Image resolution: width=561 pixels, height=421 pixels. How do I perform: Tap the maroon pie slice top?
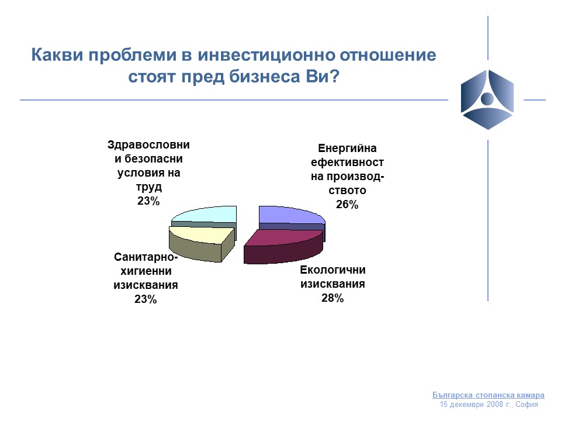click(283, 238)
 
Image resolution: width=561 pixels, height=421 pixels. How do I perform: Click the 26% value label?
click(347, 205)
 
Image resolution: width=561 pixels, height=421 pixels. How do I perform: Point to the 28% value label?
click(333, 298)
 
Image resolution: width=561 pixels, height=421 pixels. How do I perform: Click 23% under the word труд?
click(148, 201)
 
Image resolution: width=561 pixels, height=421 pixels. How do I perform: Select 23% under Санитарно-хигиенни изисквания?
click(146, 299)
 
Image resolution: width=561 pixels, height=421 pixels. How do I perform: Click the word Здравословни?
click(148, 145)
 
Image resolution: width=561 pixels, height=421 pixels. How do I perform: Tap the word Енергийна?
click(347, 148)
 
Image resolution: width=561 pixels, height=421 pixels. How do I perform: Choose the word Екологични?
click(333, 270)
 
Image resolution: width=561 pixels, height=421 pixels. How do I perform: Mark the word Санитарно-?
click(146, 257)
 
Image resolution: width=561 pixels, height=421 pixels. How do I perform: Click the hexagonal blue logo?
click(487, 99)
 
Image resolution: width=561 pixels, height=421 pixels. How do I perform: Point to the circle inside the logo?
click(487, 98)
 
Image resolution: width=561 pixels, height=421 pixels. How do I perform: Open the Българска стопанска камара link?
click(489, 395)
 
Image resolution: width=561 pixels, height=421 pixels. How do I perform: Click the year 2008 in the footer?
click(494, 405)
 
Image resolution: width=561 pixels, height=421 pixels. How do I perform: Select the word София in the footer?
click(527, 405)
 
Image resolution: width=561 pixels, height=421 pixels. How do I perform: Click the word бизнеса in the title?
click(264, 76)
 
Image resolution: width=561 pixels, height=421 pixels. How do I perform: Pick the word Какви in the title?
click(57, 55)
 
